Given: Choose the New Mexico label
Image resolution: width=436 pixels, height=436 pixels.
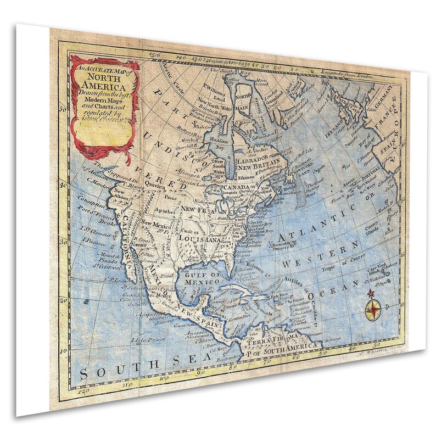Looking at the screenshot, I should point(156,223).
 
